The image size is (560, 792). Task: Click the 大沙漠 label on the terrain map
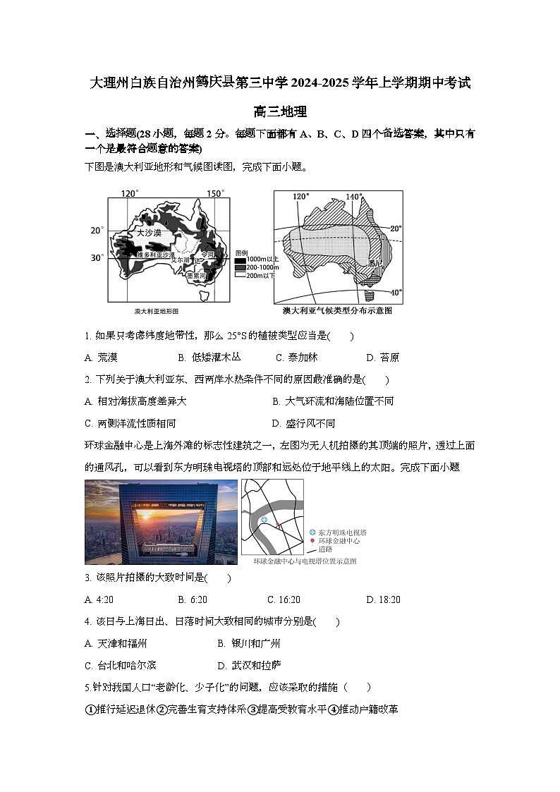point(149,232)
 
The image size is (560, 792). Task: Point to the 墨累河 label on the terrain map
point(197,276)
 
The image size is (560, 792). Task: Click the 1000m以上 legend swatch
point(241,260)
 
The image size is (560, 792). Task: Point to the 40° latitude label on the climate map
point(396,292)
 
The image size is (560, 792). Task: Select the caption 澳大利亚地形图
point(157,311)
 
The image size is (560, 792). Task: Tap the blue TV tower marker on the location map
point(264,520)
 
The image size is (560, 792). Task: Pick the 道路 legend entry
point(325,549)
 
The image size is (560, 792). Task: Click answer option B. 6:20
point(193,599)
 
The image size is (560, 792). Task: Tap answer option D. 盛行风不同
point(303,423)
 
